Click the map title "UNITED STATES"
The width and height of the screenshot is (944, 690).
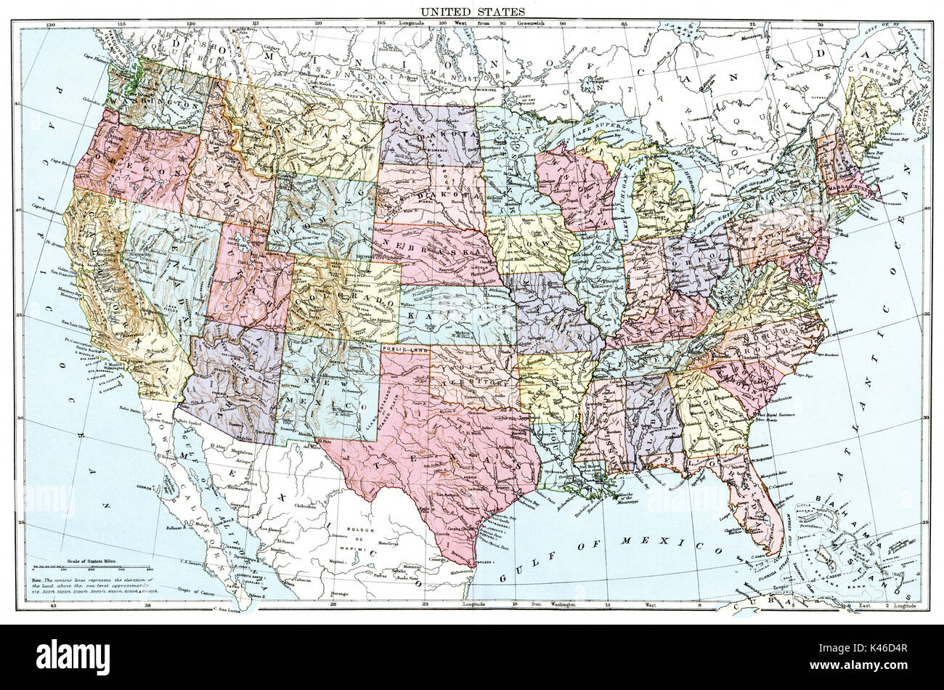(x=471, y=12)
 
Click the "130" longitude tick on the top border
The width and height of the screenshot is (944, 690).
(x=49, y=25)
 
